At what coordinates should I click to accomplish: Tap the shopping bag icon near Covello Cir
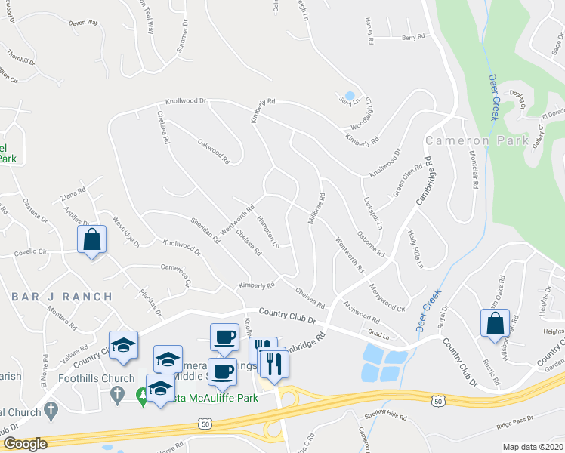point(91,240)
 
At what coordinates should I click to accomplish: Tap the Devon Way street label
point(84,23)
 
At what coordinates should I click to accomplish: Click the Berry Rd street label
point(413,36)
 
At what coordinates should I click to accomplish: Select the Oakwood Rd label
point(213,149)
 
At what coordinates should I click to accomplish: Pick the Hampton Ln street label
point(269,234)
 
